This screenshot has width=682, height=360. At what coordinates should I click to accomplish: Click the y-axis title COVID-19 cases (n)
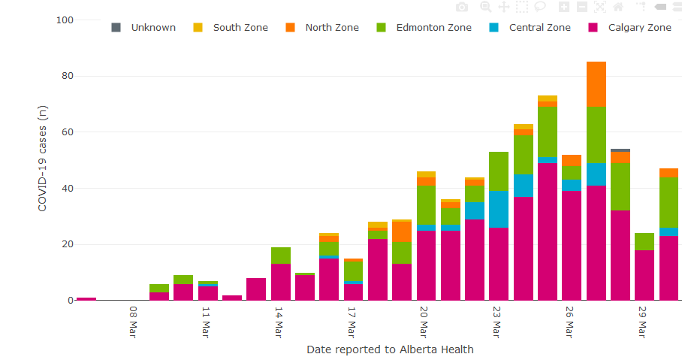click(x=43, y=158)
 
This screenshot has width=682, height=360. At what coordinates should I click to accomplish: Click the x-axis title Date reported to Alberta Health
click(x=390, y=349)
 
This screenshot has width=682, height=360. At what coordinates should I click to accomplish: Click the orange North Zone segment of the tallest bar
click(x=596, y=83)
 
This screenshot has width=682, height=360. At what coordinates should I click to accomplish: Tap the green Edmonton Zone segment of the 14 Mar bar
click(x=281, y=256)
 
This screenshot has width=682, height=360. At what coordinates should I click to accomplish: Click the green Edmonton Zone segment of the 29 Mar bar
click(x=644, y=241)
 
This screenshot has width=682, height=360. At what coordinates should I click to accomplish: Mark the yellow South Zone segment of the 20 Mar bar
click(x=426, y=174)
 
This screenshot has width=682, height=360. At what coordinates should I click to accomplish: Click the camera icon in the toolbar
click(x=462, y=7)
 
